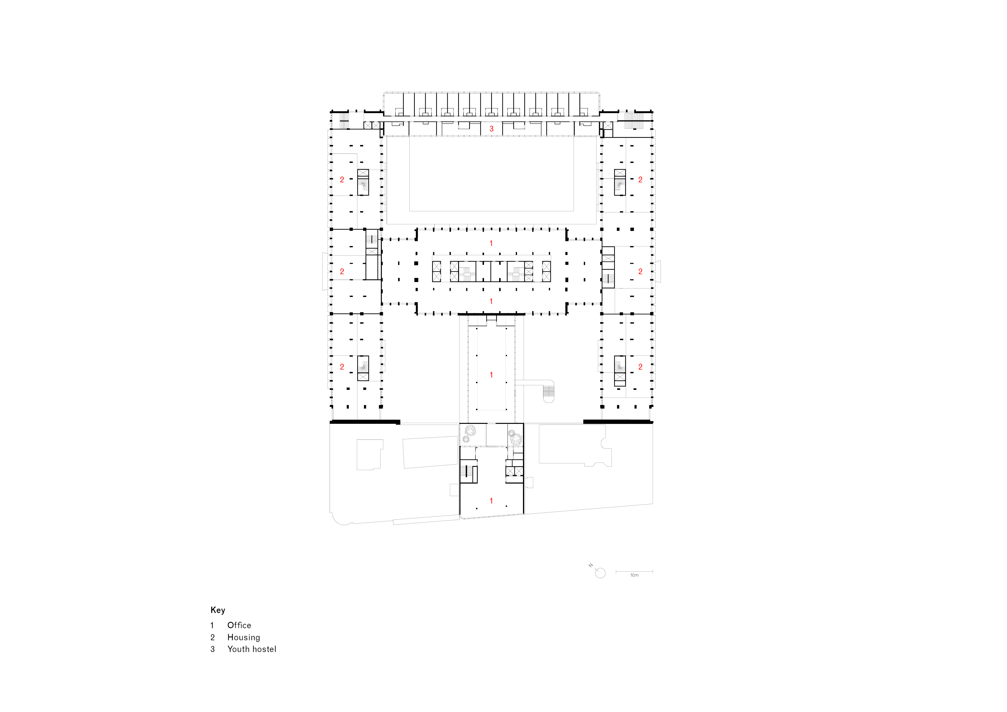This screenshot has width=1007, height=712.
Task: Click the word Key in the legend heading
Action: (218, 610)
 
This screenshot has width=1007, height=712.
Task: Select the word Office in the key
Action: (239, 625)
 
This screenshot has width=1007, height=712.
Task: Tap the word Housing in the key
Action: (243, 637)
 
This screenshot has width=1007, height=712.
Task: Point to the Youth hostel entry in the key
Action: (252, 649)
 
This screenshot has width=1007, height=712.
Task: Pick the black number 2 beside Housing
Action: (213, 637)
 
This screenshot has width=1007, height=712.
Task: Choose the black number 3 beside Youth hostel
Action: (213, 649)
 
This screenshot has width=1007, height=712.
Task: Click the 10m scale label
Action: (634, 575)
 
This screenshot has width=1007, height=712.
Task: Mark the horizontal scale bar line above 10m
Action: (634, 571)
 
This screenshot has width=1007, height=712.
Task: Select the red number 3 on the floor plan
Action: (492, 129)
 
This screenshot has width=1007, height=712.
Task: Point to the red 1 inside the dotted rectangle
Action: (491, 375)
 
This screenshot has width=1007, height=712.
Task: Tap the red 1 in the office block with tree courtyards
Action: (491, 500)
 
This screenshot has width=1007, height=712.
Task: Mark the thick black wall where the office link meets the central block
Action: (491, 314)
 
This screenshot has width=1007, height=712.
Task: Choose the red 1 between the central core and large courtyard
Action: (491, 243)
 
